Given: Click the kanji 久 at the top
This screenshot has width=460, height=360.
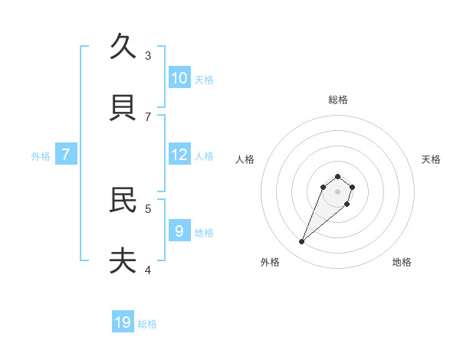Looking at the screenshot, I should coord(123,47).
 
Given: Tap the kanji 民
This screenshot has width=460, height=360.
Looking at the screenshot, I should coord(123,200).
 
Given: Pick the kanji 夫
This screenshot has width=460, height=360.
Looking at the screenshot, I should coord(123,261).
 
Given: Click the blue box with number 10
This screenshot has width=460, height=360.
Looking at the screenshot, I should coord(179,78).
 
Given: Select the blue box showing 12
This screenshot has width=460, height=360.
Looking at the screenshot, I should coord(179,155).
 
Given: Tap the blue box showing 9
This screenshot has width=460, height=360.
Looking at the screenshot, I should coord(179,231).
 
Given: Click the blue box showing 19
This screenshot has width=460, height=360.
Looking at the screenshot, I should coord(123,322).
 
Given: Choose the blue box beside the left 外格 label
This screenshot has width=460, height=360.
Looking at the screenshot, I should coord(66,155).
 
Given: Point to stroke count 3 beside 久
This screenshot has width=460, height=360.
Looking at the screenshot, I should coord(148,55).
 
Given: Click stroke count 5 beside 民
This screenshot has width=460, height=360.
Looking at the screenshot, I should coord(148,208).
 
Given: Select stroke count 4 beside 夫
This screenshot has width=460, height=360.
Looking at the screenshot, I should coord(148,269).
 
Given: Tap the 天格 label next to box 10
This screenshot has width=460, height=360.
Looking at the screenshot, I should coord(204,80).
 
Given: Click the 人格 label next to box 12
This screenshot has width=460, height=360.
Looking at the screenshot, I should coord(204,156).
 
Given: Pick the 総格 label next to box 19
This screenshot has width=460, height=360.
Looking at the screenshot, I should coord(147,324).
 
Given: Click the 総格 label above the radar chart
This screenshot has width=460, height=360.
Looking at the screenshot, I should coord(338,100).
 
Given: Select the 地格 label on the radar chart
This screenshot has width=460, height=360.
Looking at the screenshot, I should coord(402,262).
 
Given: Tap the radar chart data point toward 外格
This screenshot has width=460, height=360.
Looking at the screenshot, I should coord(302,242).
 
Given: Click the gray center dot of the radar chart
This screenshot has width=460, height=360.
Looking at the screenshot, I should coord(338,191).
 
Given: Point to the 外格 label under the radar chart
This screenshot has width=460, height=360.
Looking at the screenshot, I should coord(270,262).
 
